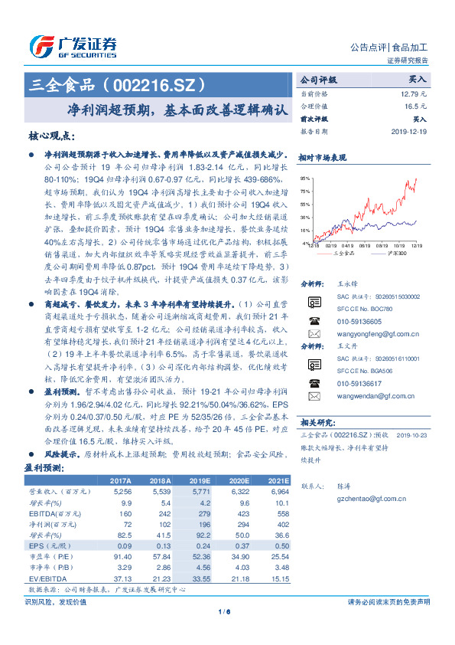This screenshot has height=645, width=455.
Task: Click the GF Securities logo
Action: (72, 46)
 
